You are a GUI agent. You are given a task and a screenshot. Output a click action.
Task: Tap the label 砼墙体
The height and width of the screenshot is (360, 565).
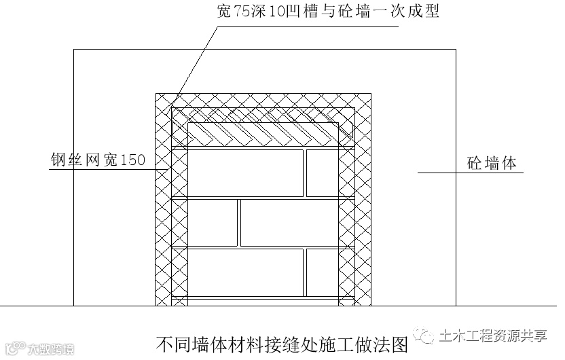(492, 163)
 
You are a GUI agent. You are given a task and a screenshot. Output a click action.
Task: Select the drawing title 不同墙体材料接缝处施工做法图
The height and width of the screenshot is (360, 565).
(281, 344)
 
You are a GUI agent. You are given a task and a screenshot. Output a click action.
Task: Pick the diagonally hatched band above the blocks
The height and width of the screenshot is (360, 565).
(263, 134)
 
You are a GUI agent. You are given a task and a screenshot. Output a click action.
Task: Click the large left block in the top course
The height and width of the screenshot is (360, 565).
(244, 173)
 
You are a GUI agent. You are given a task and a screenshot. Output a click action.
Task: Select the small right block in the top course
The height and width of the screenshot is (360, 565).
(322, 173)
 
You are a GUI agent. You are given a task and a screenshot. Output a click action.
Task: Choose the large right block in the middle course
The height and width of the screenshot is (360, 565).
(289, 222)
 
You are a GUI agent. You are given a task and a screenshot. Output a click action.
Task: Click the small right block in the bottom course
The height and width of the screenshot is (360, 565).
(322, 272)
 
